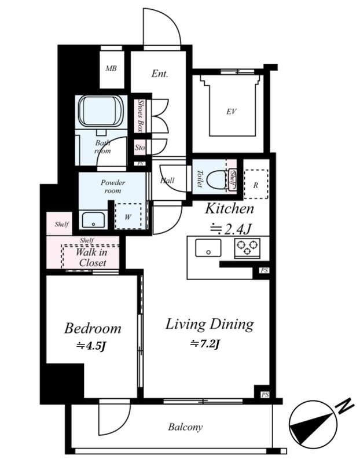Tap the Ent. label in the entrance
click(160, 74)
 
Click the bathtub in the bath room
click(101, 111)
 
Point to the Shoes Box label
click(140, 115)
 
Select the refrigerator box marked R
click(255, 185)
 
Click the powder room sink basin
click(93, 221)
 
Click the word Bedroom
click(93, 329)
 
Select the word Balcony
click(185, 427)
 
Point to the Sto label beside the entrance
click(139, 148)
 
